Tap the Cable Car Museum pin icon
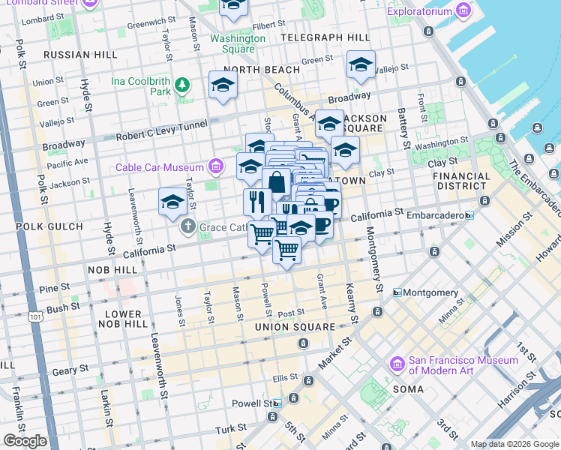pos(216,166)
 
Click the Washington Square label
pos(238,43)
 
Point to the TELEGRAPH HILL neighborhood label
pos(324,37)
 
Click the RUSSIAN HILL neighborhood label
pos(80,55)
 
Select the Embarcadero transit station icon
pos(469,215)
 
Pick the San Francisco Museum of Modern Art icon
pos(398,364)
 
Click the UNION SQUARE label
pos(295,327)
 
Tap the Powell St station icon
pos(277,403)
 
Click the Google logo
pos(24,441)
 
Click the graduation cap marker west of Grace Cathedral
pos(172,202)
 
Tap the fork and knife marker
pos(256,201)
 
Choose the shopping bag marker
pos(276,182)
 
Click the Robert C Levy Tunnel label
pos(160,131)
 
